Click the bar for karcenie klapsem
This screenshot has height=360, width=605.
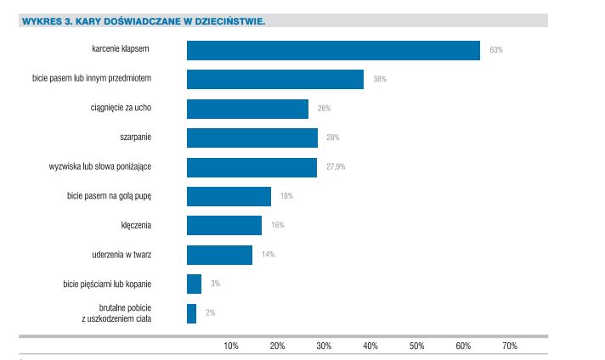[333, 50]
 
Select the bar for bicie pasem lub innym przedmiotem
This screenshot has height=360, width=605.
[274, 79]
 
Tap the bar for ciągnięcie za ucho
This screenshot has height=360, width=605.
[247, 109]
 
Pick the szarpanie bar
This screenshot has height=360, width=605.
[252, 138]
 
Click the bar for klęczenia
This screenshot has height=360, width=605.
[224, 225]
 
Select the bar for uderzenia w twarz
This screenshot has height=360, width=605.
[219, 255]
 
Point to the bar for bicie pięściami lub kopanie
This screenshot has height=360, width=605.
[194, 284]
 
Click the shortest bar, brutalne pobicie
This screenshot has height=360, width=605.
[191, 313]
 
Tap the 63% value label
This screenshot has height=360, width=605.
[496, 50]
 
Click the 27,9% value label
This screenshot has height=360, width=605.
[336, 166]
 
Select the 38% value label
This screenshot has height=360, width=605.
[380, 79]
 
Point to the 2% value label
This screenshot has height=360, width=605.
[210, 313]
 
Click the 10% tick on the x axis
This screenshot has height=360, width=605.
[231, 346]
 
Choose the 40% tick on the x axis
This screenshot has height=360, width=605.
[370, 346]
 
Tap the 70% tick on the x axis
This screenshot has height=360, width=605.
[510, 346]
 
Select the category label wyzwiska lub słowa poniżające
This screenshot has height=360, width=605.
[112, 166]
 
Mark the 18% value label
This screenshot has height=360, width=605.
[286, 196]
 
